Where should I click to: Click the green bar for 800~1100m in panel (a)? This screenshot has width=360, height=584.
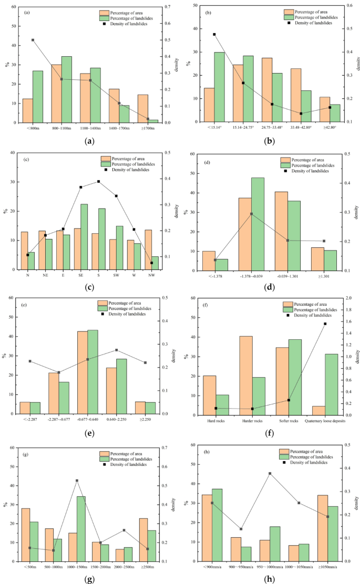[67, 89]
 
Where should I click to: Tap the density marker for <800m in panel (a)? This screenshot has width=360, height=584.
[33, 40]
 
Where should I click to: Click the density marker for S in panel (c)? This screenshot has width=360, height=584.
[98, 182]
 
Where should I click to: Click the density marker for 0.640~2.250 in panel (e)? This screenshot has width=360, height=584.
[116, 350]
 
